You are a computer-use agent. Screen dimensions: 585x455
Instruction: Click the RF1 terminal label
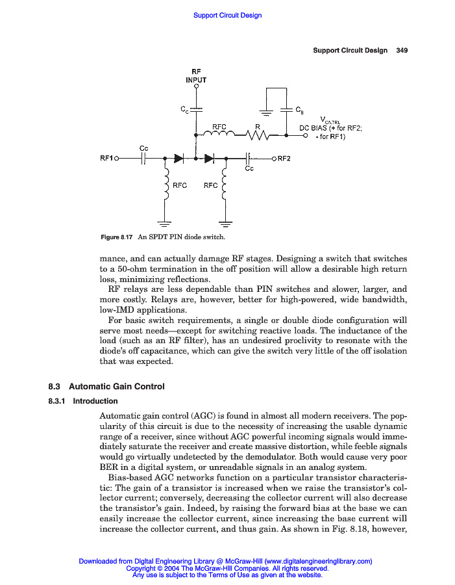coord(106,158)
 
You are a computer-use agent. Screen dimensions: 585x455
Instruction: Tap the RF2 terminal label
coord(284,158)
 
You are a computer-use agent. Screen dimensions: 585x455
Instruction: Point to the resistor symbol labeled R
coord(258,135)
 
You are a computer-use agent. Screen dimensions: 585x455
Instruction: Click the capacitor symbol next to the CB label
coord(286,109)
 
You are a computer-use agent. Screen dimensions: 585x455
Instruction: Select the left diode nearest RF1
coord(179,158)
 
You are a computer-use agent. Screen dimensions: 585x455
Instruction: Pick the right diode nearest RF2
coord(209,158)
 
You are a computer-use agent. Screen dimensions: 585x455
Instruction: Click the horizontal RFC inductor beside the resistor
coord(219,135)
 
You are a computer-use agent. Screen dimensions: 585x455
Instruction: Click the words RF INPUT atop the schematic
coord(196,75)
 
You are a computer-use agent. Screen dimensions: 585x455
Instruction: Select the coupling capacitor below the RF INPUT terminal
coord(196,109)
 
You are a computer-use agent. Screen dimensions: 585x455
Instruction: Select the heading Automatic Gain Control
coord(117,387)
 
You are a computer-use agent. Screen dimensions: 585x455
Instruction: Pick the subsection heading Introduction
coord(95,401)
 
